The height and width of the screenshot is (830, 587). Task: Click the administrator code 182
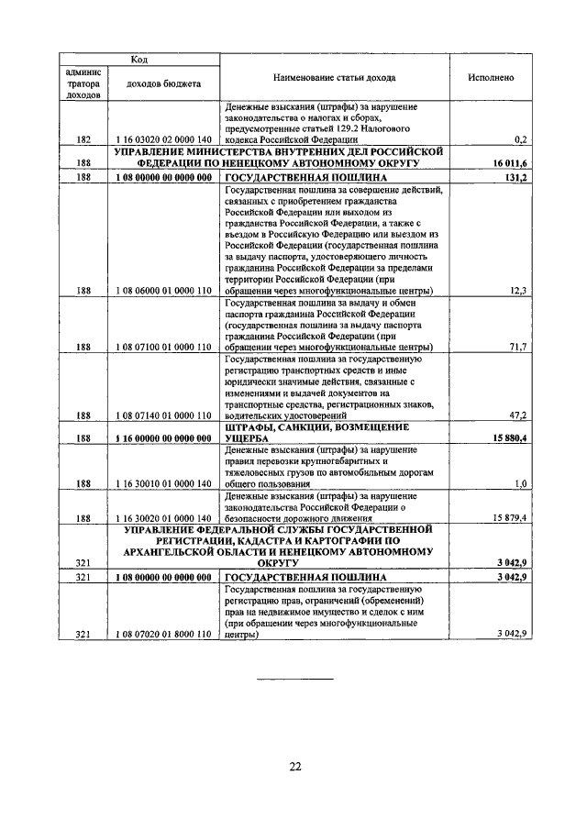(84, 138)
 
